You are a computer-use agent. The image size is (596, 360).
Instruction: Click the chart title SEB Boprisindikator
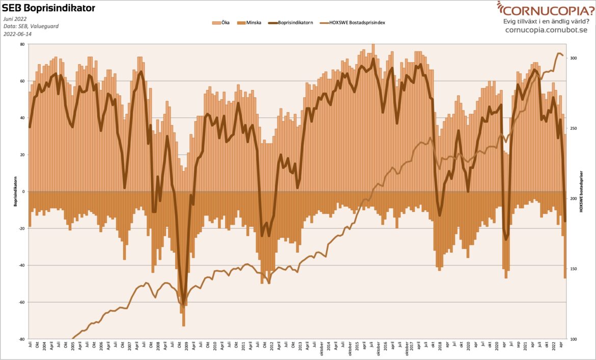tap(48, 8)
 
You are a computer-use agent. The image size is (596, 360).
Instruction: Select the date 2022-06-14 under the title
tap(17, 34)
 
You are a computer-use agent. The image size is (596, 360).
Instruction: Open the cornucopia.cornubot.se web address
tap(546, 30)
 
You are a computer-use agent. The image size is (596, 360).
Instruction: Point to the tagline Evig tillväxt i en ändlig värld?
tap(546, 21)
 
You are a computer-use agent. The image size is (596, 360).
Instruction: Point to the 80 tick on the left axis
tap(22, 44)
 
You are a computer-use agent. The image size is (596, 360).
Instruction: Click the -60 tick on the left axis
tap(21, 302)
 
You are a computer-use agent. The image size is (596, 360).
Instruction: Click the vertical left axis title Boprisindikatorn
tap(16, 191)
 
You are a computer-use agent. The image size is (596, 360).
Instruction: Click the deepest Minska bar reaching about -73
tap(183, 306)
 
